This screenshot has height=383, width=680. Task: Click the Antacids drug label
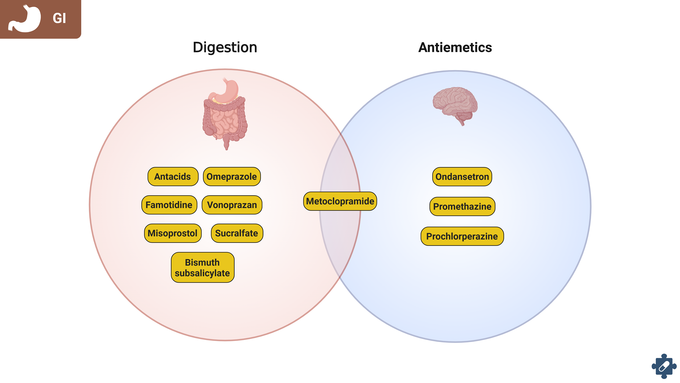pyautogui.click(x=173, y=176)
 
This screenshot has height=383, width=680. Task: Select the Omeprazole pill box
pyautogui.click(x=231, y=176)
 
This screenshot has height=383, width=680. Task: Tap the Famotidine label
pyautogui.click(x=169, y=205)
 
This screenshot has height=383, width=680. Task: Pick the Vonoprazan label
pyautogui.click(x=232, y=205)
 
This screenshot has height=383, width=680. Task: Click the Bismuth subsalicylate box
pyautogui.click(x=202, y=267)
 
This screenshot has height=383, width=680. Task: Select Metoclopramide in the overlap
pyautogui.click(x=340, y=201)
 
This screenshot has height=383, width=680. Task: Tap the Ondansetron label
pyautogui.click(x=462, y=176)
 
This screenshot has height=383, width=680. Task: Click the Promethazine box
pyautogui.click(x=462, y=206)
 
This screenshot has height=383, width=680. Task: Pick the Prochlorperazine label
pyautogui.click(x=462, y=236)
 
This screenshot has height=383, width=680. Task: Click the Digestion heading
pyautogui.click(x=225, y=47)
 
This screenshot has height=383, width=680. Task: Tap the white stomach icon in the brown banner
pyautogui.click(x=25, y=19)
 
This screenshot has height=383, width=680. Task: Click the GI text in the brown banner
pyautogui.click(x=59, y=18)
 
